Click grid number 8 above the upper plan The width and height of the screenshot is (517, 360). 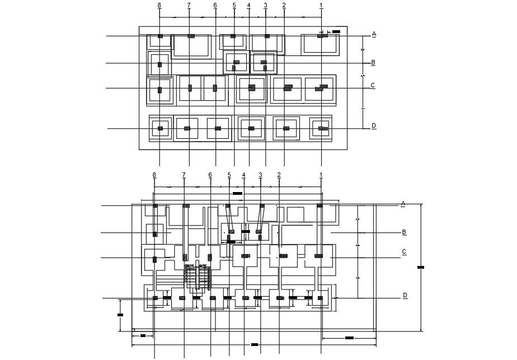(x=159, y=5)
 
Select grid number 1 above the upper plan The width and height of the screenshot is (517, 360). (x=321, y=5)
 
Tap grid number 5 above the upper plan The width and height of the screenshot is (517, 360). (x=234, y=5)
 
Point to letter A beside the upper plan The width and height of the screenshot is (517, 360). (x=374, y=34)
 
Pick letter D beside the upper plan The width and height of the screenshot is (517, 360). (x=374, y=126)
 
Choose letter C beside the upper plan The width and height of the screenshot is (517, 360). (x=373, y=86)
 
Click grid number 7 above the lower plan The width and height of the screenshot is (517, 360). (x=184, y=175)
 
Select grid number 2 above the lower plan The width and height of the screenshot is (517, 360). (x=279, y=175)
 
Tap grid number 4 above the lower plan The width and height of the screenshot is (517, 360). (x=244, y=175)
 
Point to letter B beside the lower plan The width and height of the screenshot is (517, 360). (x=403, y=232)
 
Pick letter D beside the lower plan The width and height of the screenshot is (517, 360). (x=405, y=295)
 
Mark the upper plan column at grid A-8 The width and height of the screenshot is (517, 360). (x=160, y=36)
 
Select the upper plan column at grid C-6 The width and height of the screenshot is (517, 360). (x=215, y=87)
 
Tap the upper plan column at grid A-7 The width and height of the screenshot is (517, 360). (x=191, y=36)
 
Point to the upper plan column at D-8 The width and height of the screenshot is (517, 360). (x=160, y=128)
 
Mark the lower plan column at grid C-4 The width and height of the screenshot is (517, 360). (x=245, y=256)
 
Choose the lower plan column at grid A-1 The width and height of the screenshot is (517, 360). (x=320, y=206)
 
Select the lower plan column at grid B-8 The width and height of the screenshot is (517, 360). (x=155, y=232)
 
